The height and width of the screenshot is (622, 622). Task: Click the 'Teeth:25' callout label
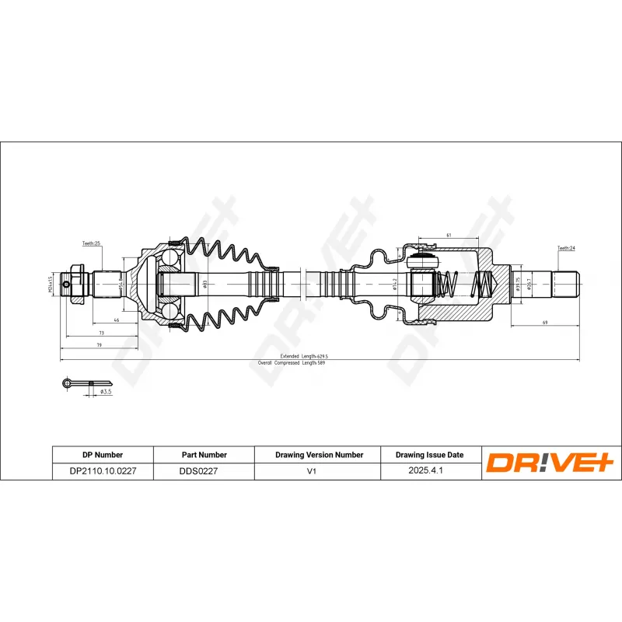coord(92,243)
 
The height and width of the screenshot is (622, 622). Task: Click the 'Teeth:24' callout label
coord(565,248)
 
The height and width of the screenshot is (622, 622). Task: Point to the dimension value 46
coord(116,320)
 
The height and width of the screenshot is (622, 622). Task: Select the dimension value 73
coord(102,332)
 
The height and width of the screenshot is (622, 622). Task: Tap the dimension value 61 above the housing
coord(449,234)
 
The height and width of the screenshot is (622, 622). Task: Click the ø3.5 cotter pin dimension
coord(107,393)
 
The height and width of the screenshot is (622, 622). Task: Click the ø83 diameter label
coord(204,285)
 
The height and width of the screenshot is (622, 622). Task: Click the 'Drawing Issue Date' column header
coord(429,455)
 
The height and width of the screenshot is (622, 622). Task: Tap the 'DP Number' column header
coord(103,455)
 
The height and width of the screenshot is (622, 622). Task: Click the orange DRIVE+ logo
coord(550,463)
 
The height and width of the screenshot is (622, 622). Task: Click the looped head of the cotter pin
coord(67,382)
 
